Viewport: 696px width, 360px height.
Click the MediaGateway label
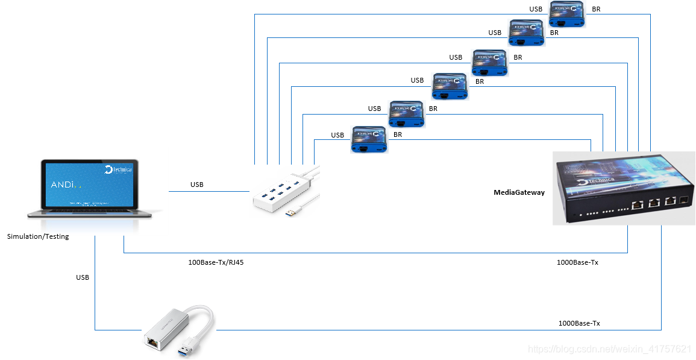pos(519,192)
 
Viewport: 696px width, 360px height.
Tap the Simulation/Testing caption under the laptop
pos(38,236)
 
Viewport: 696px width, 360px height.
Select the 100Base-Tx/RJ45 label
pos(216,262)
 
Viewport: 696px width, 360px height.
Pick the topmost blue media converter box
pos(567,14)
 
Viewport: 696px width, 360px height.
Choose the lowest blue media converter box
pos(368,139)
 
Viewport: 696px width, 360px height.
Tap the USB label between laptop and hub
pos(197,185)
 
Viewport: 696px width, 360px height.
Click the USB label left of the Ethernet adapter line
pos(83,277)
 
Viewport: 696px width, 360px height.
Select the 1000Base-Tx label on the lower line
pos(579,323)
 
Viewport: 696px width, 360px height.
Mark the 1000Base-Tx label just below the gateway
pos(577,262)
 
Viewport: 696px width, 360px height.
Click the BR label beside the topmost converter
pos(596,9)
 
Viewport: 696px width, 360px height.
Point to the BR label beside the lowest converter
pos(398,134)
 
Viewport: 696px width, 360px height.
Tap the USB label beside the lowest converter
pos(337,135)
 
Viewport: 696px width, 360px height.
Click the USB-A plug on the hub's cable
pos(293,213)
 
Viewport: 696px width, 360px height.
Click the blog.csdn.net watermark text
pos(609,349)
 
